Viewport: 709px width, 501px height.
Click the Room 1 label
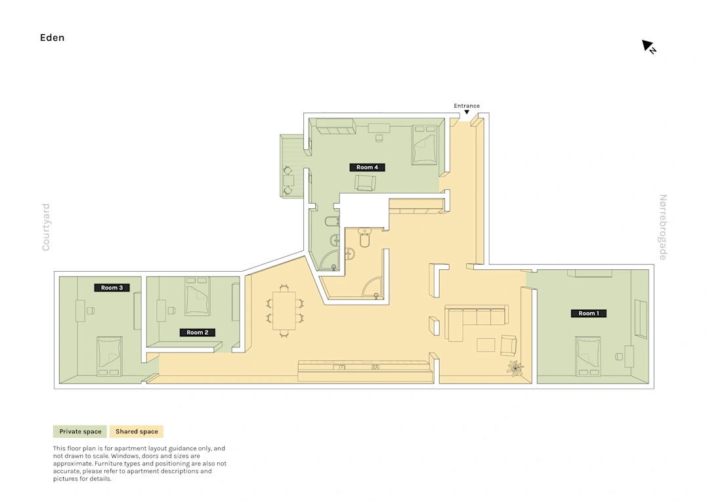click(589, 313)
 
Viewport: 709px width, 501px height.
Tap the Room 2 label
click(198, 332)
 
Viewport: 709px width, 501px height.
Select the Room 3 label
click(112, 288)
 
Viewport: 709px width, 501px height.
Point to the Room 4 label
click(367, 167)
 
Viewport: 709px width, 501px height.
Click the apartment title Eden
click(52, 37)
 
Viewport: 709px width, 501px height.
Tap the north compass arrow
click(649, 46)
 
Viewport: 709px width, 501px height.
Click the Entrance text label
click(467, 106)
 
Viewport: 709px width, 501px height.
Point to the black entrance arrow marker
click(467, 112)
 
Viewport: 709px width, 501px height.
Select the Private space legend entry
click(80, 431)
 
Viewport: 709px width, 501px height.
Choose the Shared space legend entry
click(137, 431)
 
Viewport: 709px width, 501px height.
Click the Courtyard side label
click(46, 227)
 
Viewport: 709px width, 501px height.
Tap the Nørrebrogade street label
click(663, 227)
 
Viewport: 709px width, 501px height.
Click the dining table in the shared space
click(284, 310)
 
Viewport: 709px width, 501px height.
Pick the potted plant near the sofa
click(515, 368)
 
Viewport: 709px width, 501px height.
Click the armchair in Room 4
click(365, 183)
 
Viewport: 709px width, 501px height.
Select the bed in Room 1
click(588, 357)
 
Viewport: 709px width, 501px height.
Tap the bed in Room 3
click(109, 357)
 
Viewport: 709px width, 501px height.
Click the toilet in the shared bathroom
click(364, 238)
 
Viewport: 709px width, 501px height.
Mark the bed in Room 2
click(198, 296)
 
